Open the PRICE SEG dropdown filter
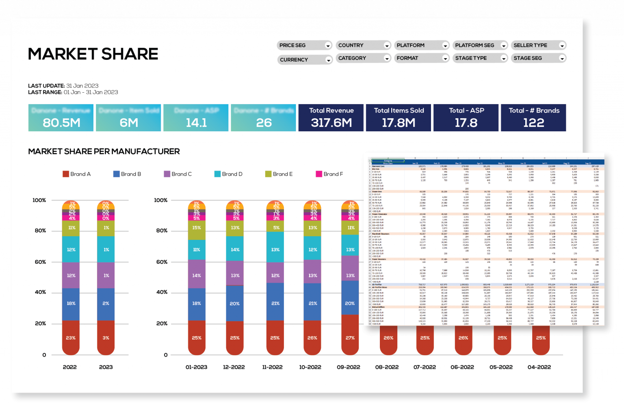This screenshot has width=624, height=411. pyautogui.click(x=305, y=46)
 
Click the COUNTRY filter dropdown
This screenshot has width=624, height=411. pyautogui.click(x=363, y=46)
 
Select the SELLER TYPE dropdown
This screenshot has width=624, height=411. pyautogui.click(x=538, y=46)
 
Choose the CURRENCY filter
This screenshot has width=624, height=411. pyautogui.click(x=305, y=60)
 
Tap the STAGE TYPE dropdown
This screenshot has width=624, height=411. pyautogui.click(x=480, y=58)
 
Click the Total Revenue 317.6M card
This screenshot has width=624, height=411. pyautogui.click(x=331, y=118)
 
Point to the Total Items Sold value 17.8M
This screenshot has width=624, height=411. pyautogui.click(x=399, y=123)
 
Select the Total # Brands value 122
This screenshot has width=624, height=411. pyautogui.click(x=533, y=123)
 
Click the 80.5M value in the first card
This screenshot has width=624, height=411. pyautogui.click(x=61, y=123)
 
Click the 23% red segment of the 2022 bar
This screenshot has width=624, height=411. pyautogui.click(x=71, y=338)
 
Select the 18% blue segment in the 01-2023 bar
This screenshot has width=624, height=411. pyautogui.click(x=197, y=303)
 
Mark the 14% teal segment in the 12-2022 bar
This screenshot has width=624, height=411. pyautogui.click(x=235, y=250)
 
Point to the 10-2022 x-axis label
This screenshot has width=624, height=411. pyautogui.click(x=310, y=367)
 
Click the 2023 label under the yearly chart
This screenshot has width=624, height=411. pyautogui.click(x=106, y=367)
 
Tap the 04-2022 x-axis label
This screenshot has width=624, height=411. pyautogui.click(x=539, y=367)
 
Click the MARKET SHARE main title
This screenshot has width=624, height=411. pyautogui.click(x=93, y=54)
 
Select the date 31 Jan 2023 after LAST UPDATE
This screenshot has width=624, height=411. pyautogui.click(x=82, y=86)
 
